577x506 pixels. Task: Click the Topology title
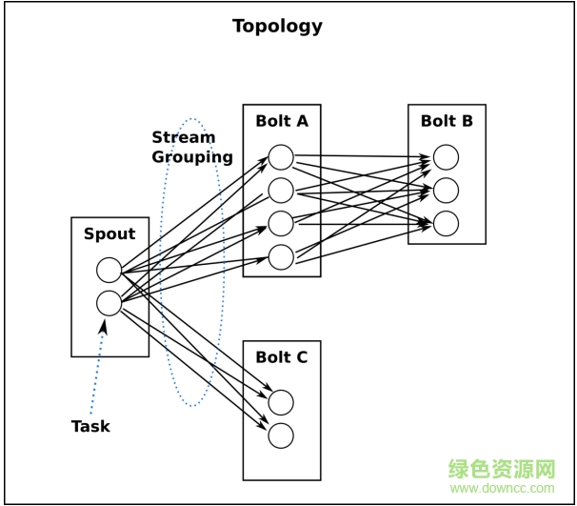coord(277,26)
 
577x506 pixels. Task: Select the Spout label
coord(109,234)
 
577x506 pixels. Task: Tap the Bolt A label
coord(282,121)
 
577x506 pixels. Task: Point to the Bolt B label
coord(447,121)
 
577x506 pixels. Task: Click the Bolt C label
coord(282,357)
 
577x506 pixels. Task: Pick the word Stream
coord(183,137)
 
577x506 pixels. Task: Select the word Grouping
coord(192,157)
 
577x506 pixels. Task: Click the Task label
coord(90,426)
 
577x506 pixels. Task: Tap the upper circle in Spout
coord(109,270)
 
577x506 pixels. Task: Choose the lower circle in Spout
coord(109,303)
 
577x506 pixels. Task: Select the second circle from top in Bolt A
coord(281,191)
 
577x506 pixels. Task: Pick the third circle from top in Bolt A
coord(281,224)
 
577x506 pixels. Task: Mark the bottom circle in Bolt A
coord(281,257)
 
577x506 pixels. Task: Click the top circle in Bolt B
coord(446,157)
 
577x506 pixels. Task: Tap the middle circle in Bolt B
coord(446,191)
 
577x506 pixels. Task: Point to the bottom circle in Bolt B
coord(446,224)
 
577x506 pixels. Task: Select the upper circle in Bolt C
coord(281,403)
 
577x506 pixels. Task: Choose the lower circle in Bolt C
coord(281,435)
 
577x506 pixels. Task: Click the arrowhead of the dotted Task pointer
coord(103,325)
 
